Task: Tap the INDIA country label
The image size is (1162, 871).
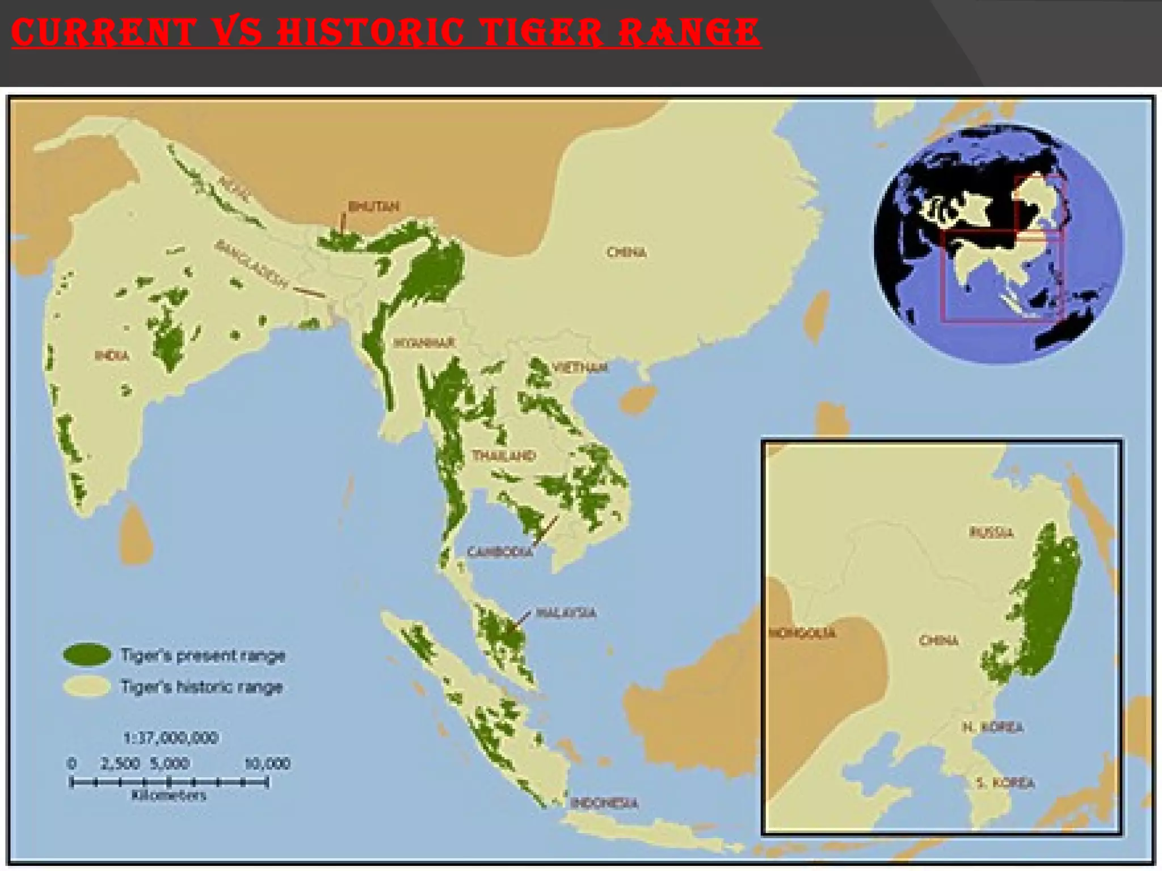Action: point(112,356)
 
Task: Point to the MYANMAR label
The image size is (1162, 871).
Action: point(424,343)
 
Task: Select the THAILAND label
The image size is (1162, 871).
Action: point(504,455)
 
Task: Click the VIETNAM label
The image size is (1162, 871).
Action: point(580,367)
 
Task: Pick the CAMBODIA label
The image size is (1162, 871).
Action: point(500,552)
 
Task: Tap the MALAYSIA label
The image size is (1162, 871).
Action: point(566,612)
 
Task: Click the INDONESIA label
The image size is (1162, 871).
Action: point(604,802)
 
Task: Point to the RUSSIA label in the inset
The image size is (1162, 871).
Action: point(991,532)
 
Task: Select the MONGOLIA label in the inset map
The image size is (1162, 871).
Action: point(802,632)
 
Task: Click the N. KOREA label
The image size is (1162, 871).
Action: point(993,727)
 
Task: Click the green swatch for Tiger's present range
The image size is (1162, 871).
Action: point(87,655)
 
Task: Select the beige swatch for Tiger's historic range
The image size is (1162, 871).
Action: point(87,687)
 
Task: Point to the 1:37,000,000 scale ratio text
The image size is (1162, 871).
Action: point(170,738)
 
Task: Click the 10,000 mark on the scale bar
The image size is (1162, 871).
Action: point(267,763)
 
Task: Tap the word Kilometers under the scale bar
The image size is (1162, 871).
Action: point(169,795)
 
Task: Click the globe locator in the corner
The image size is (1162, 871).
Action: point(999,244)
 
